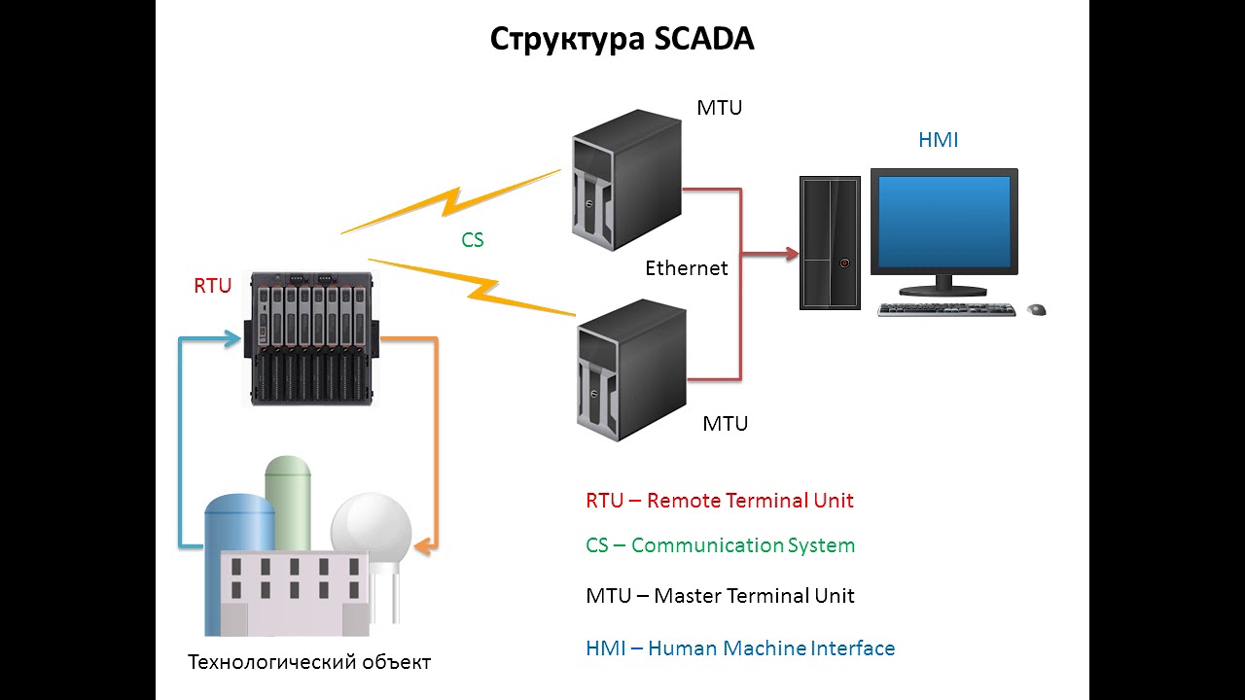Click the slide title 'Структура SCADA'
(622, 39)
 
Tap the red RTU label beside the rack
(212, 286)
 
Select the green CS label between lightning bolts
(473, 239)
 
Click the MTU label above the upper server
(719, 107)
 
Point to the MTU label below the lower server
(726, 424)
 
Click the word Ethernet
(687, 268)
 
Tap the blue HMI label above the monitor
(938, 140)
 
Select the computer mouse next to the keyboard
(1037, 309)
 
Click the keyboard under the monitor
(945, 309)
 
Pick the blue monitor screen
(943, 222)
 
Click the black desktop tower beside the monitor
(830, 242)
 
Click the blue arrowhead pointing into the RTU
(233, 338)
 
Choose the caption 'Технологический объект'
(308, 663)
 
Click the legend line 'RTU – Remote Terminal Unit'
(719, 501)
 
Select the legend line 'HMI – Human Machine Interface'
(739, 647)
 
